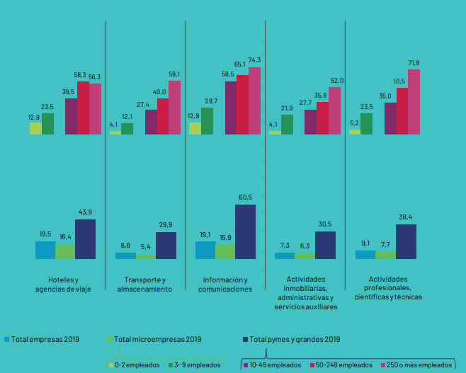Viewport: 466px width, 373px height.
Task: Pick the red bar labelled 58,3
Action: click(x=83, y=108)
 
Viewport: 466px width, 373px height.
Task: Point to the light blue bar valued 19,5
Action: click(x=45, y=251)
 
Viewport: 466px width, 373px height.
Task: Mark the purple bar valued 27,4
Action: click(x=151, y=122)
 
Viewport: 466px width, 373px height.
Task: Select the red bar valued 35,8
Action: click(x=322, y=117)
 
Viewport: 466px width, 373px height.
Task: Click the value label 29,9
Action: click(x=166, y=225)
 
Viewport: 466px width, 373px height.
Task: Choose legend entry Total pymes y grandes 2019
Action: click(x=295, y=339)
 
